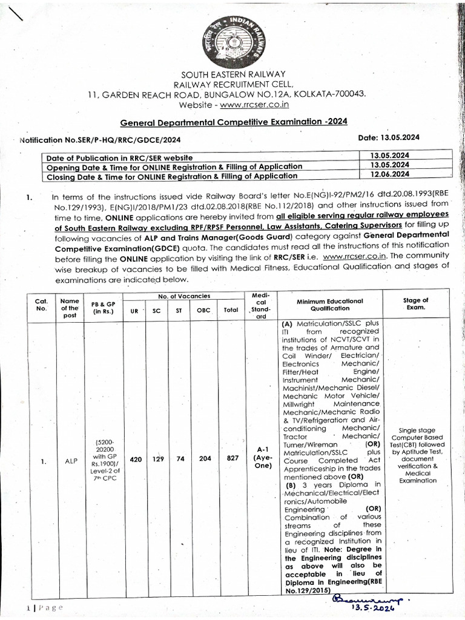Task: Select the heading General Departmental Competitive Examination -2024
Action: tap(234, 122)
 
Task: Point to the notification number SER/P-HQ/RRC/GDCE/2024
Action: tap(100, 140)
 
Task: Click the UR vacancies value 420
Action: tap(136, 459)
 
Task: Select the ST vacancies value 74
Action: tap(180, 459)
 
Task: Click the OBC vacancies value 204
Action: tap(205, 459)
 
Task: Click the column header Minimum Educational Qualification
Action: tap(330, 304)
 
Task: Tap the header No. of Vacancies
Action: tap(185, 295)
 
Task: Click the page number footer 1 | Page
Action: tap(42, 607)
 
